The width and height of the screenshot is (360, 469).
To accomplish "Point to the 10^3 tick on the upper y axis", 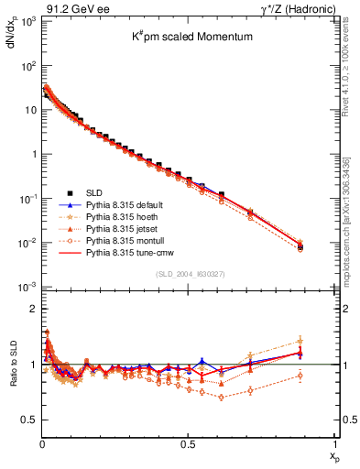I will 26,21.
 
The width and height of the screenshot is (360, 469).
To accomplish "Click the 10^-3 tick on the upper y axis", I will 26,287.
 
